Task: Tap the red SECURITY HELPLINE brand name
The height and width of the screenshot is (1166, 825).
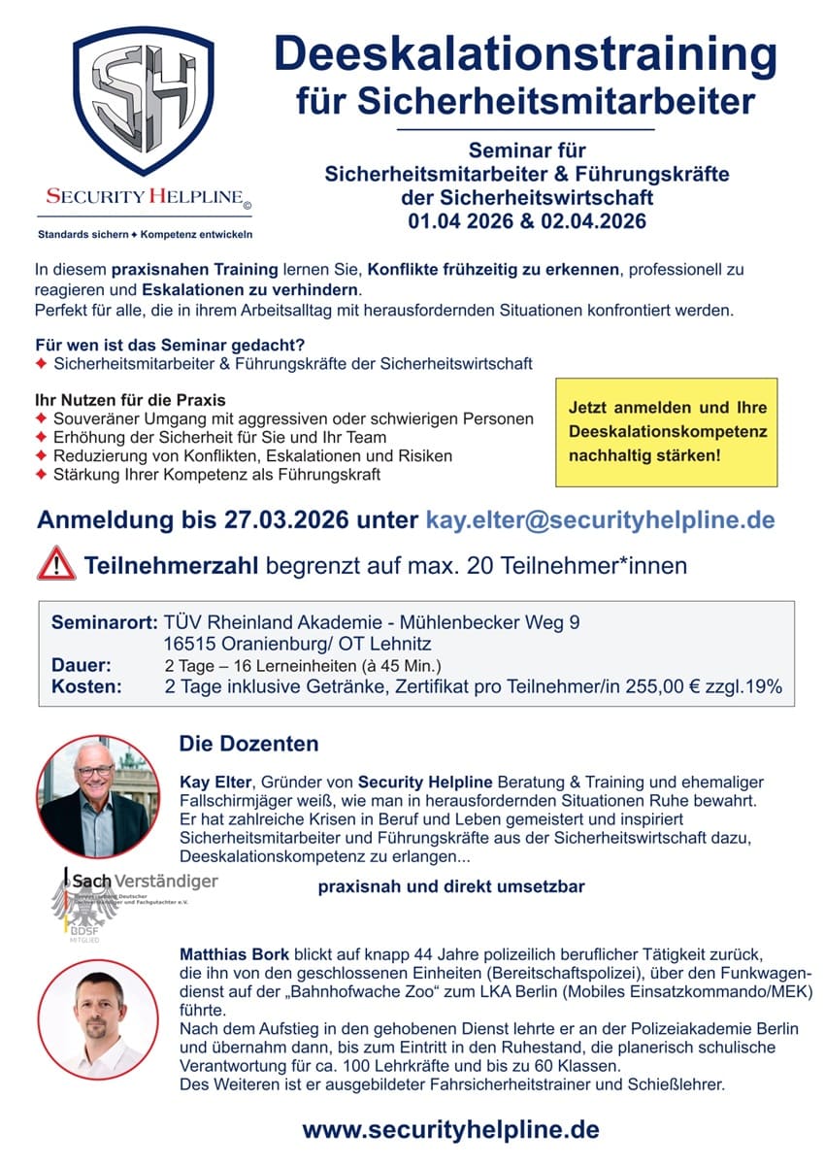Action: point(146,196)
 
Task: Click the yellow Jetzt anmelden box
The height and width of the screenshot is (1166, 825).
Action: point(667,431)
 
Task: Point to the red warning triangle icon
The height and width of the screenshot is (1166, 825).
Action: point(56,564)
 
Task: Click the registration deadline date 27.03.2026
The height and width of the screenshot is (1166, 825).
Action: point(269,519)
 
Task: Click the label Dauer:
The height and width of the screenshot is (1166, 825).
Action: point(82,665)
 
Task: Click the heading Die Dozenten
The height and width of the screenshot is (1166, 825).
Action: point(248,745)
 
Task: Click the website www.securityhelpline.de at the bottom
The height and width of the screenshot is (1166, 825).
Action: point(450,1129)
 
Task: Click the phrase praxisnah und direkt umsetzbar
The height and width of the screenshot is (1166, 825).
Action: point(451,886)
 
